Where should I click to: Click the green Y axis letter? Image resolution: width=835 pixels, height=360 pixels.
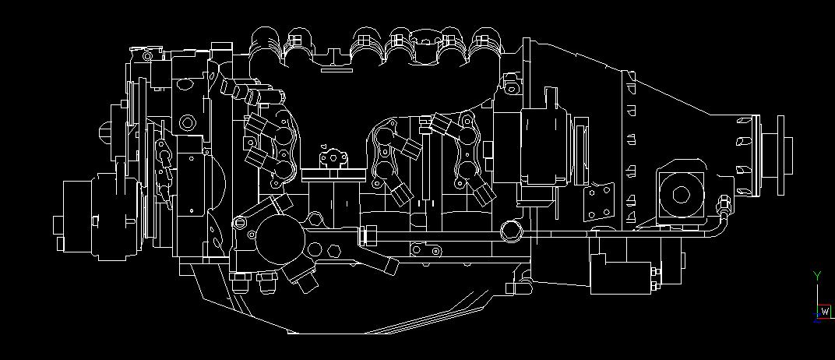click(817, 275)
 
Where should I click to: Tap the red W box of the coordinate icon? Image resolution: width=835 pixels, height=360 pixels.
click(825, 311)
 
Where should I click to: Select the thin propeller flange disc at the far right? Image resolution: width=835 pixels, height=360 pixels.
click(780, 155)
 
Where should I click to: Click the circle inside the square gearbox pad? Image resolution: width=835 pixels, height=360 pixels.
click(682, 194)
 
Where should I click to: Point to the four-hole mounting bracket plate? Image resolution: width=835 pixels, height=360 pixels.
click(599, 201)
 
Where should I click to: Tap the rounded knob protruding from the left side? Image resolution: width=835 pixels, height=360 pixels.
click(105, 131)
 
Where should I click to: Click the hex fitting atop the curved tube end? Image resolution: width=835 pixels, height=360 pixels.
click(724, 203)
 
